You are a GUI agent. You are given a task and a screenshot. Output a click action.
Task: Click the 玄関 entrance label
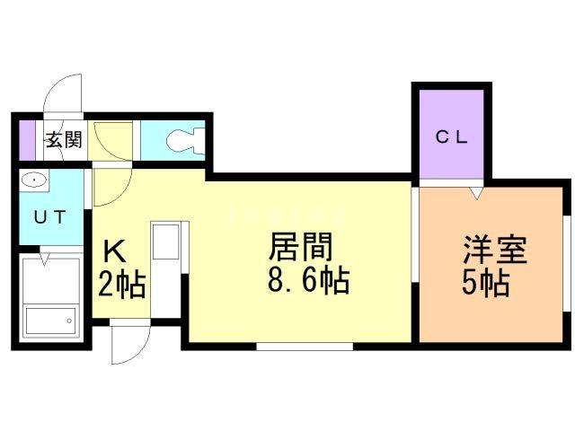tap(64, 140)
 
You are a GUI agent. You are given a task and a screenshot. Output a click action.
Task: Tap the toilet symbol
tap(183, 140)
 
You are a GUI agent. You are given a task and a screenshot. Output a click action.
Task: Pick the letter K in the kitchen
tap(115, 251)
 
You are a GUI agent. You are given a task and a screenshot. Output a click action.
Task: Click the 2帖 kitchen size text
tap(122, 286)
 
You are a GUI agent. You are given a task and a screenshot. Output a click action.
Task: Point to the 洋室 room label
tap(493, 248)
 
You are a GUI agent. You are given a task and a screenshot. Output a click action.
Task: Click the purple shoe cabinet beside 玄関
tap(28, 140)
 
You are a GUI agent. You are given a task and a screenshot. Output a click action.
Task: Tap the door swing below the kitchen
tap(127, 346)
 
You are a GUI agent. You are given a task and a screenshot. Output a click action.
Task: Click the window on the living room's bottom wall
tap(304, 345)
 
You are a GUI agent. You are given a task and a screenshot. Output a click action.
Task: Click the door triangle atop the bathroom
tap(43, 259)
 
